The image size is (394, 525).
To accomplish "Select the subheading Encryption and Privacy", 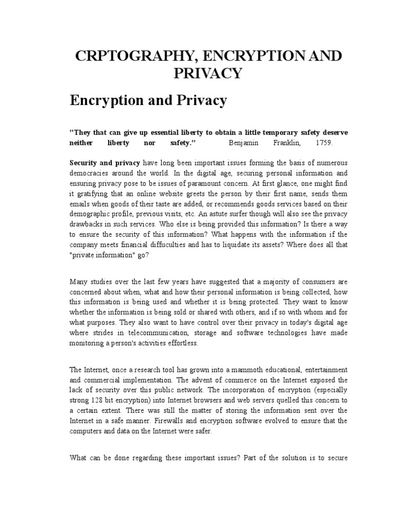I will [148, 100].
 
